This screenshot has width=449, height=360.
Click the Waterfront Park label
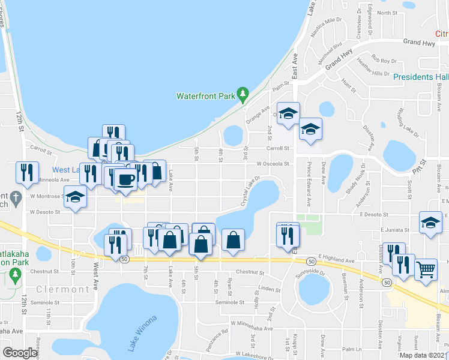pos(204,96)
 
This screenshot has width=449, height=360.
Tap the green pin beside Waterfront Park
pos(243,94)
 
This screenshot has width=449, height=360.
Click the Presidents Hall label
pos(421,77)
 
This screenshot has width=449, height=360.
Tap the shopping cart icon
pos(426,269)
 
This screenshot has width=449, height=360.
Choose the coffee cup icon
pos(125,179)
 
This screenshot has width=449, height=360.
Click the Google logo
pos(20,353)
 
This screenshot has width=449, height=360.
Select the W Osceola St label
pos(273,163)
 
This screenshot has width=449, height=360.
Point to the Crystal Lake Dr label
pos(250,191)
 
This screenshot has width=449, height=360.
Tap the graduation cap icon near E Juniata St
pos(430,222)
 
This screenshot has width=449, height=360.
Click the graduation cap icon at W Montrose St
pos(74,197)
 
